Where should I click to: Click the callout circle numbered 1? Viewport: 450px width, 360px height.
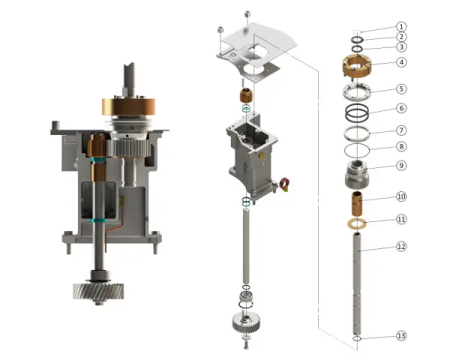pos(401,27)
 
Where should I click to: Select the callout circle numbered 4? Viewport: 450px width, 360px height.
pos(401,62)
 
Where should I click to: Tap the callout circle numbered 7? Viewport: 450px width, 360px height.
pos(401,130)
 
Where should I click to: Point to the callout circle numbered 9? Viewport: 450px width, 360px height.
pos(401,166)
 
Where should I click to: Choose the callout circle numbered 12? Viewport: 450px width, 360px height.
pos(401,246)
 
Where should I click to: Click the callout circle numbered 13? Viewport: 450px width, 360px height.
pos(401,335)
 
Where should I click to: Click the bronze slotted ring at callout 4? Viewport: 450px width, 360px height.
pos(357,65)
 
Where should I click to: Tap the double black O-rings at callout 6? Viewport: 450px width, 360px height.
pos(357,112)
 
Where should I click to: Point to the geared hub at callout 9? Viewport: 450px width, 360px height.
pos(357,174)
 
